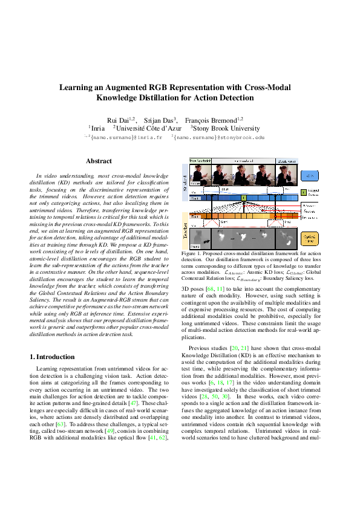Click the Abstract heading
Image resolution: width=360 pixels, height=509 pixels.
(x=99, y=161)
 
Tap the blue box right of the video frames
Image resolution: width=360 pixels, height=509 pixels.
(x=310, y=175)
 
